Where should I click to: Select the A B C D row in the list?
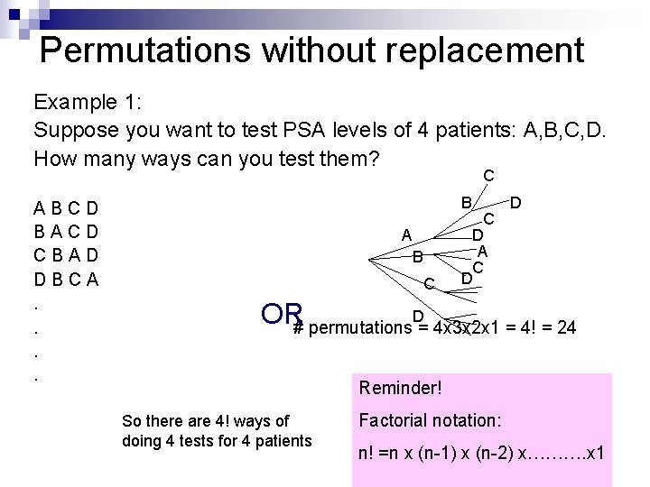(x=66, y=210)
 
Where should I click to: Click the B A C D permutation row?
(x=66, y=233)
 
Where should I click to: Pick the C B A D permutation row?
(x=66, y=256)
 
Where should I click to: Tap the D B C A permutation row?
(x=66, y=280)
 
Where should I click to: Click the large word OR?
(x=281, y=314)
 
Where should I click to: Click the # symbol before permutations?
(x=299, y=328)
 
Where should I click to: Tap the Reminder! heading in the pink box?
(x=401, y=388)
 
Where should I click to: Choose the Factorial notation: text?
(x=430, y=419)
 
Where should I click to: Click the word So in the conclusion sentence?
(x=132, y=421)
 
